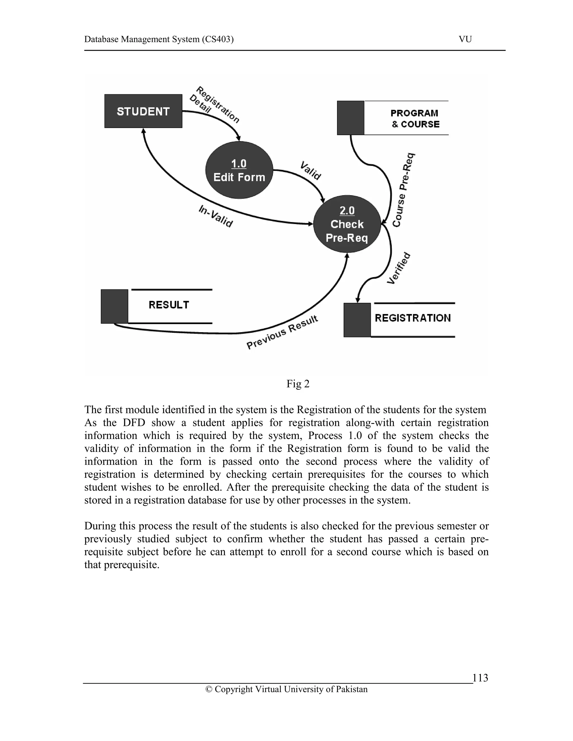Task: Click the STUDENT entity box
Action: point(143,111)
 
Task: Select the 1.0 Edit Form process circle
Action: point(239,170)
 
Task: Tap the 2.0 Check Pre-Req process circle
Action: point(347,224)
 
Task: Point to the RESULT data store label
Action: point(169,305)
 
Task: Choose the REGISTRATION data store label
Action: point(412,318)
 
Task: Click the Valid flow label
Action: point(310,171)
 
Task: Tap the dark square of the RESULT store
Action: point(114,306)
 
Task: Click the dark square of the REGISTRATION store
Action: point(357,320)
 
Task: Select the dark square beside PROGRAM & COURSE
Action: point(350,118)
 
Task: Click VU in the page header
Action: point(465,39)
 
